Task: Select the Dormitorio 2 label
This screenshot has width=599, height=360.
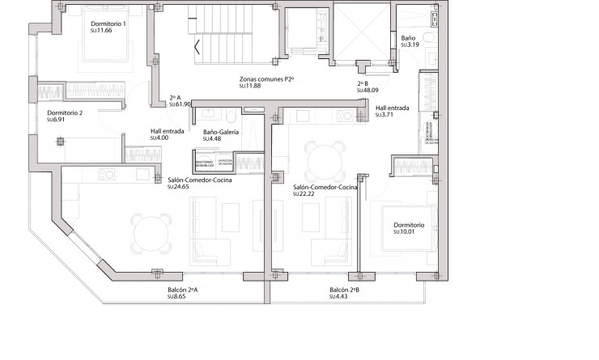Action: tap(65, 112)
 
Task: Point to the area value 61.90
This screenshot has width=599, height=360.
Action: tap(181, 104)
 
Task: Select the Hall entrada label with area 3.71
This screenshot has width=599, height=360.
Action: tap(393, 108)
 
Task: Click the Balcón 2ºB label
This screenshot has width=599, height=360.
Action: tap(345, 290)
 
